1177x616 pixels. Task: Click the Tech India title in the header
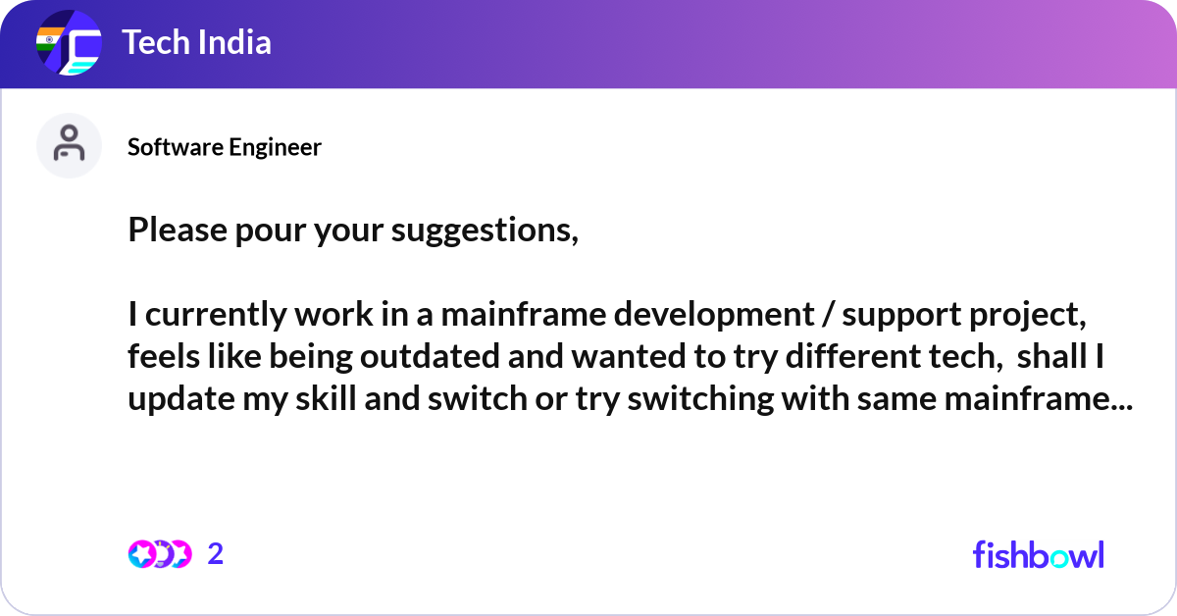[x=196, y=43]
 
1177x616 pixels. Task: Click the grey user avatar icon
[x=69, y=145]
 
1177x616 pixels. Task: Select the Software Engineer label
[x=225, y=147]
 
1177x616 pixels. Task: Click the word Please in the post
[x=170, y=231]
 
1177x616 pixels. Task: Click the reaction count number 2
[x=216, y=554]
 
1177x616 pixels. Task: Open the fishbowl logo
[x=1038, y=554]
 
